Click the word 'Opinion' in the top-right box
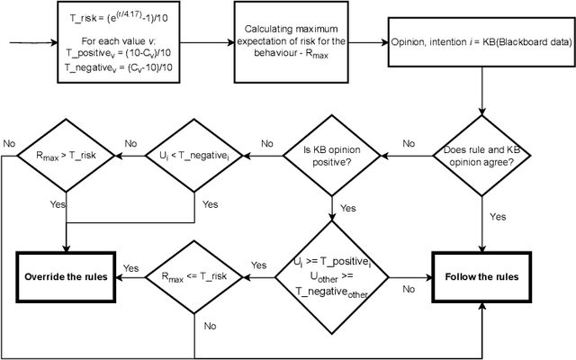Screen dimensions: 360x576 (x=412, y=42)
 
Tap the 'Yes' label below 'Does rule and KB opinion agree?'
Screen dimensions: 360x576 (x=496, y=216)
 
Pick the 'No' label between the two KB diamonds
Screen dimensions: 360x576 (x=409, y=144)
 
